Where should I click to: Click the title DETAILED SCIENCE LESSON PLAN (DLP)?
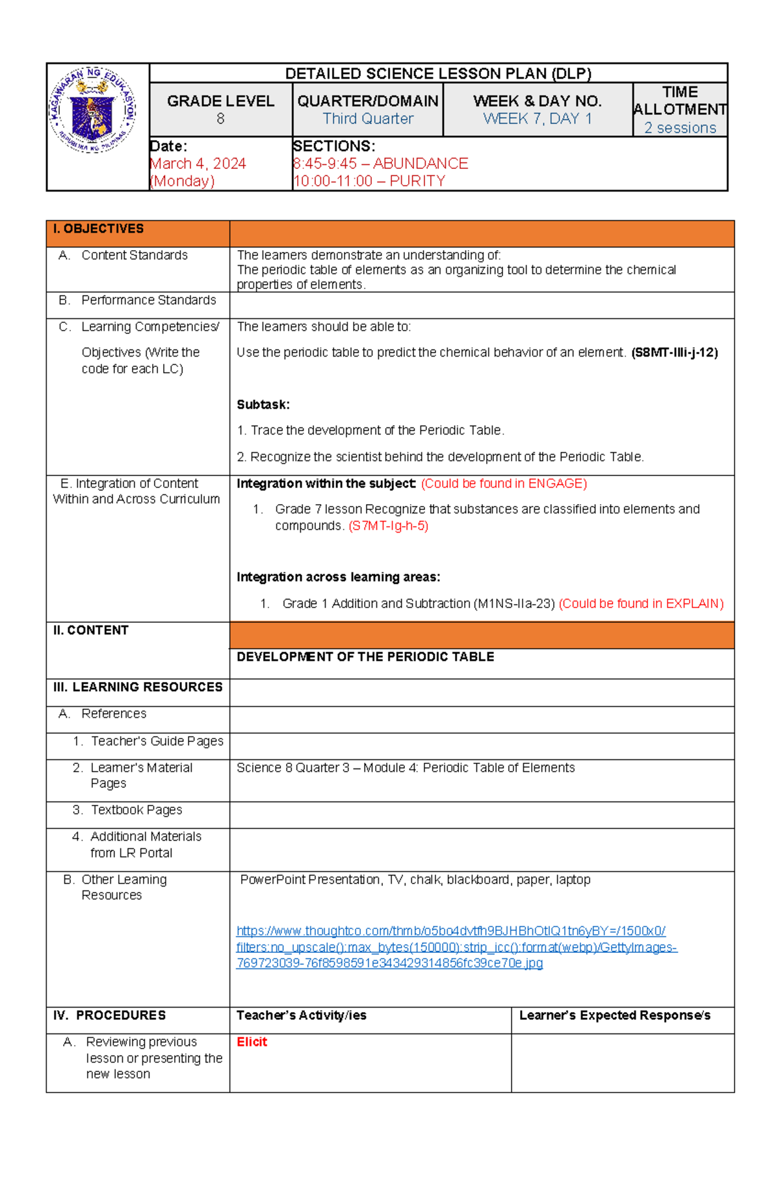coord(438,73)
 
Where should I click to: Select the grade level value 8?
coord(220,119)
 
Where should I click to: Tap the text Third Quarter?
coord(368,119)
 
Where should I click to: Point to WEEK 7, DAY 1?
coord(538,119)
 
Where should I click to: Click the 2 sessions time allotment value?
coord(680,128)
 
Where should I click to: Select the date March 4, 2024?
coord(198,164)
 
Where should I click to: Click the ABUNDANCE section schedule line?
coord(381,164)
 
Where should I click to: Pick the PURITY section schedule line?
coord(369,181)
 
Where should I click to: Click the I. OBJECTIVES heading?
coord(98,229)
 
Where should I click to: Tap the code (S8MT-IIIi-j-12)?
coord(674,353)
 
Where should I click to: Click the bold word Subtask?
coord(263,405)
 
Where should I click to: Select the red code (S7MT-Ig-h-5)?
coord(389,526)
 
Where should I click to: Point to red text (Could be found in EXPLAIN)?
coord(641,603)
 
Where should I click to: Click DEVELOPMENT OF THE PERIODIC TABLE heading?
coord(365,657)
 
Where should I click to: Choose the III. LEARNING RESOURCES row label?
coord(138,687)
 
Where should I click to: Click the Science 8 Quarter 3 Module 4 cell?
coord(406,768)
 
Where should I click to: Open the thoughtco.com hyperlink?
coord(455,947)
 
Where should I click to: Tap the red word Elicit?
coord(252,1042)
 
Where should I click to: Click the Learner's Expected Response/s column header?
coord(614,1015)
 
